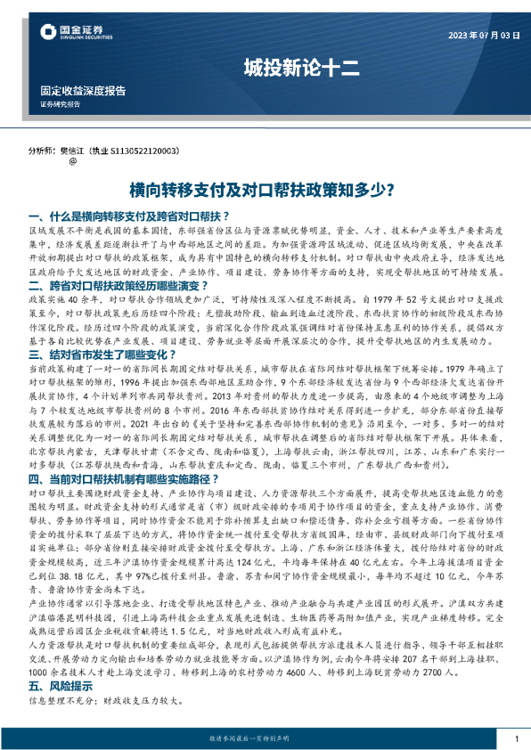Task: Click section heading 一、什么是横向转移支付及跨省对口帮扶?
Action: click(130, 216)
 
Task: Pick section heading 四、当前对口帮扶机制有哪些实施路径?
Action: click(128, 478)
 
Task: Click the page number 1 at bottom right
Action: click(517, 738)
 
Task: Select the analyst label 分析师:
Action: click(42, 152)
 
